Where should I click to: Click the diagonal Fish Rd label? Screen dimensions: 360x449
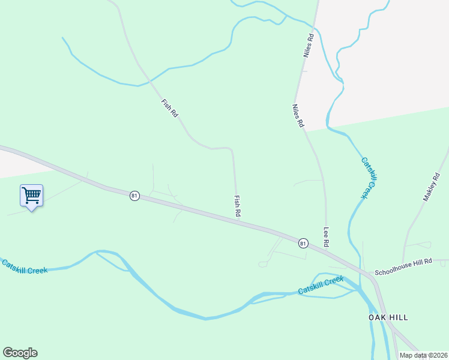pos(169,107)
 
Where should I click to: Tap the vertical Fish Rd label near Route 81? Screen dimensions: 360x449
pos(238,206)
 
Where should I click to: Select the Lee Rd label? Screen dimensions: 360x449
pos(327,237)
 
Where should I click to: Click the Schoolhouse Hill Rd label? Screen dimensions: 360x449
pos(403,272)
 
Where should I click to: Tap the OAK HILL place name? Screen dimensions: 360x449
pos(388,317)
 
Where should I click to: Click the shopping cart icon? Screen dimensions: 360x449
pos(31,195)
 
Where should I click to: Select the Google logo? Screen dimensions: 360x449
pos(20,353)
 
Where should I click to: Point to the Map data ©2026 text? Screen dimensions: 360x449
pos(423,355)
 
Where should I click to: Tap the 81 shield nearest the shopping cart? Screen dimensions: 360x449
pos(134,196)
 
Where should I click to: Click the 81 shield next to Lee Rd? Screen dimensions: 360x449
pos(303,243)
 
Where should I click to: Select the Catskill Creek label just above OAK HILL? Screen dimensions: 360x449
pos(321,286)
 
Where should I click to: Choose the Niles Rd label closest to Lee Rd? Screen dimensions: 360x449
pos(298,115)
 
